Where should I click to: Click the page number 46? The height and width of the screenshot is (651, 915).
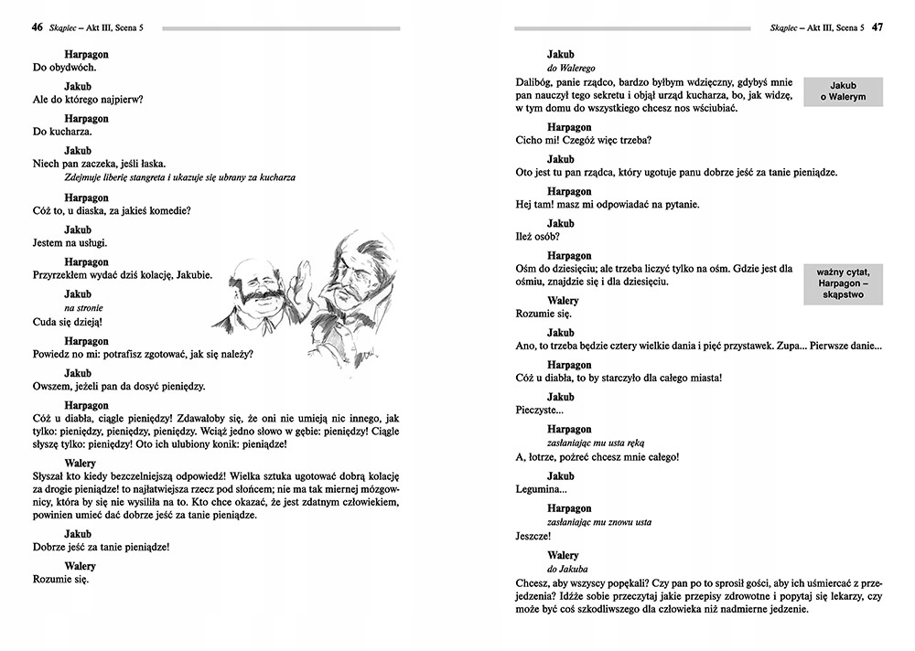tap(38, 27)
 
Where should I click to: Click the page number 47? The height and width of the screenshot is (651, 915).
tap(877, 27)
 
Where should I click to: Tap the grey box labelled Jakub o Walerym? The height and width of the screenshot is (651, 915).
tap(842, 91)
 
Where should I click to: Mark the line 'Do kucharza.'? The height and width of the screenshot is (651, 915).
tap(63, 131)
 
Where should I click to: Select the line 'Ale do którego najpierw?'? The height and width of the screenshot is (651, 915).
tap(88, 99)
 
